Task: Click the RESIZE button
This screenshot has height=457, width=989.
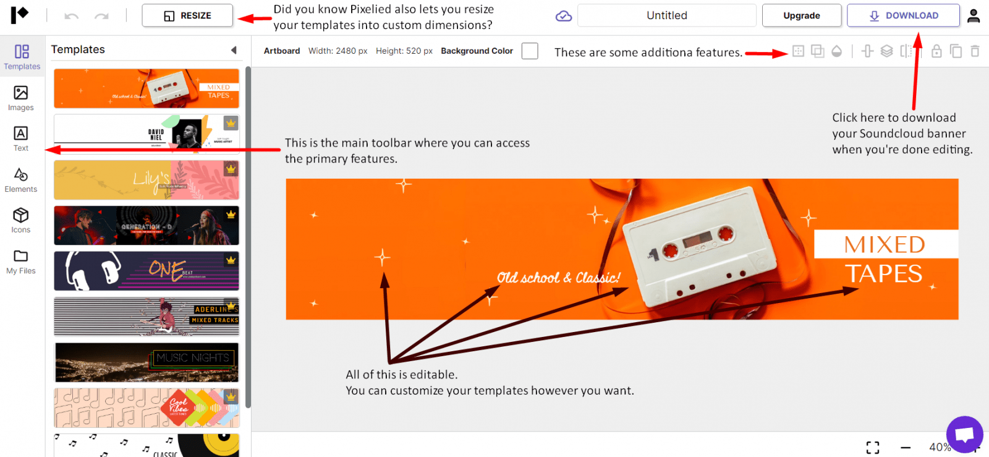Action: [187, 15]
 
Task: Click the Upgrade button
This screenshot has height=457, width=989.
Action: [801, 15]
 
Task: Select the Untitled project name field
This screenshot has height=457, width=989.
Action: [666, 15]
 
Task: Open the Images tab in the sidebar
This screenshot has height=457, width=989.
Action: [21, 98]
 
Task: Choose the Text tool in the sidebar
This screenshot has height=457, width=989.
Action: [21, 139]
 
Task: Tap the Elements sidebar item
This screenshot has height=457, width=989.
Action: [21, 179]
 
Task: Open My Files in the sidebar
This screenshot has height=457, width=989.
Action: [21, 261]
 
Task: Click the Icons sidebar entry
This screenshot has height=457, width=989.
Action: [21, 220]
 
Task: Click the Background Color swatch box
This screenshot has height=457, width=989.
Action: [530, 51]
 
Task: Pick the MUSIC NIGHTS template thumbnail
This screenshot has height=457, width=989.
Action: [146, 362]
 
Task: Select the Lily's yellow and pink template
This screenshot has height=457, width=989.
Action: [146, 180]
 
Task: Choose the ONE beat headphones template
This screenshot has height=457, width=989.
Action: [146, 271]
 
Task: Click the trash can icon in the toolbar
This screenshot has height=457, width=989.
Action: [975, 51]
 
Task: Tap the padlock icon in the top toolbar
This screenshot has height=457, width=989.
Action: [936, 51]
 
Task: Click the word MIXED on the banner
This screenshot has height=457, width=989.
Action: [885, 245]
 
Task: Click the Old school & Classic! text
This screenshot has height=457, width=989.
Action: [558, 278]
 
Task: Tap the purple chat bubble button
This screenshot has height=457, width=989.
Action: [964, 434]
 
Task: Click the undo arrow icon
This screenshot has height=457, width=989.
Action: [72, 16]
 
